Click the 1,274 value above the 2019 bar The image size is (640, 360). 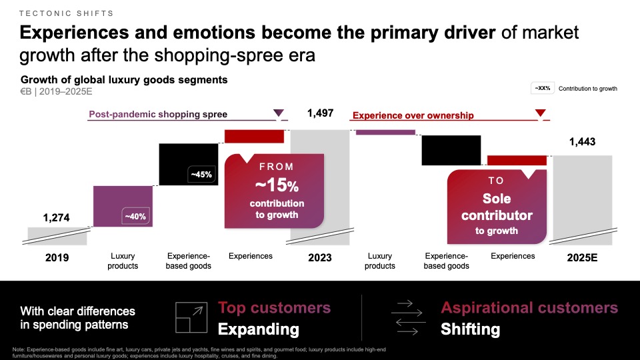coord(56,217)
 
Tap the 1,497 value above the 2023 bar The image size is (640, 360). coord(320,113)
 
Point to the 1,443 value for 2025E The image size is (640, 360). coord(582,141)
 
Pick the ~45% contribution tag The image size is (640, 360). coord(201,175)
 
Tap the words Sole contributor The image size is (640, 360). coord(497,207)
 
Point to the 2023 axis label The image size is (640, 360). coord(319,257)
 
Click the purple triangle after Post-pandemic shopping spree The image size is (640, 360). coord(279,113)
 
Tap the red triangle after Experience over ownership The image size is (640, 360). coord(541,113)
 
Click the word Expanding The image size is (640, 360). coord(259,329)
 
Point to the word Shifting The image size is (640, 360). coord(470,329)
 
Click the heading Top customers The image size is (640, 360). coord(274,307)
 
